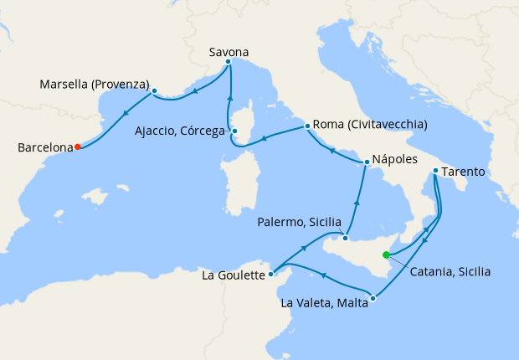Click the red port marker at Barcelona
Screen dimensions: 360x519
point(77,147)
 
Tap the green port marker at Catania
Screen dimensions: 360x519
point(386,255)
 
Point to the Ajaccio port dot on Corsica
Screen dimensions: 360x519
point(235,131)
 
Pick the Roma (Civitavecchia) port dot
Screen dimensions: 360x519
point(308,126)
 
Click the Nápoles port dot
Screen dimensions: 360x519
point(366,162)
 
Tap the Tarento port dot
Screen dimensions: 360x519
point(435,172)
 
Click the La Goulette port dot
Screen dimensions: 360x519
point(271,274)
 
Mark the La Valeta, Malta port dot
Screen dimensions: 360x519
point(373,298)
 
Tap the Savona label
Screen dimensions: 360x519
point(229,52)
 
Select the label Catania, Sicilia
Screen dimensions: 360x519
point(450,271)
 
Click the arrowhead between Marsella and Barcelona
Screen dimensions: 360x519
point(126,116)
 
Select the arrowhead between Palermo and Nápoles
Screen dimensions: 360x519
point(357,201)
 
